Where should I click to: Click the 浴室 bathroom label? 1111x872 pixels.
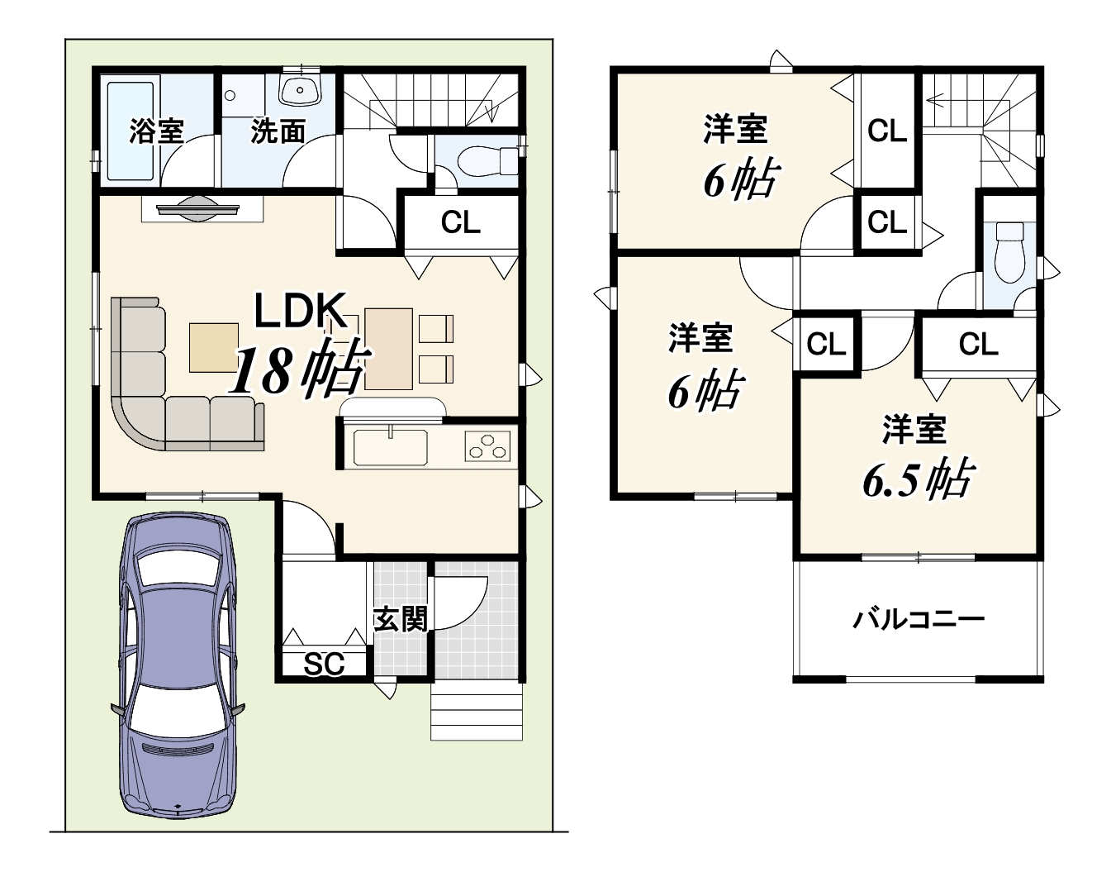(156, 131)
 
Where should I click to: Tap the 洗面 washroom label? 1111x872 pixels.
(277, 131)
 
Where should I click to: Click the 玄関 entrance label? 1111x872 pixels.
(401, 619)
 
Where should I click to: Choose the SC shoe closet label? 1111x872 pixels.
(324, 664)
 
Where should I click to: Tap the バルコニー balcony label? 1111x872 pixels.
(919, 620)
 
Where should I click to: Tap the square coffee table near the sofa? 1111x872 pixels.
(214, 348)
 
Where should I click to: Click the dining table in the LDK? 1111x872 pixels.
(388, 349)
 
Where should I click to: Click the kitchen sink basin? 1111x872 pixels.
(391, 447)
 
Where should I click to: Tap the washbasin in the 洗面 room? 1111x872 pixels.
(300, 90)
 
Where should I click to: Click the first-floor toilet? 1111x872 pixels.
(487, 160)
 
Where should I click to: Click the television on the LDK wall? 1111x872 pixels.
(198, 209)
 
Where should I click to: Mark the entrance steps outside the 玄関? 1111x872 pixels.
(477, 712)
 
